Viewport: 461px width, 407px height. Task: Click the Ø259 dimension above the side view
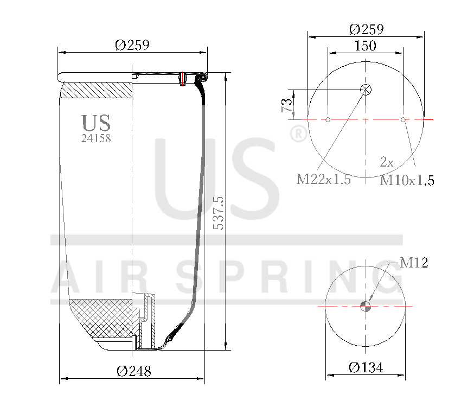(132, 46)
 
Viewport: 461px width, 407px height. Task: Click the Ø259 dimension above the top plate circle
(366, 29)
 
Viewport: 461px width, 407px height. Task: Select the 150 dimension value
(365, 46)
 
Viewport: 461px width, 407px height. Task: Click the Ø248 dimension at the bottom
(133, 371)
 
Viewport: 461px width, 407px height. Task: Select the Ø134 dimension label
(366, 368)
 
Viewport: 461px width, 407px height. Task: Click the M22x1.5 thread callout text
(323, 180)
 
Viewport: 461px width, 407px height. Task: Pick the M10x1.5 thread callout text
(407, 180)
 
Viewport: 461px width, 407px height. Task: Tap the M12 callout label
(414, 263)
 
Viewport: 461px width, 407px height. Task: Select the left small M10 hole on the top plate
(328, 119)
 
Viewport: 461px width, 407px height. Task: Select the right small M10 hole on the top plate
(403, 119)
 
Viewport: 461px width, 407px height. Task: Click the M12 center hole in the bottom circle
(366, 307)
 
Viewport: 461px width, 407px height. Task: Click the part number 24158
(96, 138)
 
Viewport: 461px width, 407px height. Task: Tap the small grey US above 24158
(96, 123)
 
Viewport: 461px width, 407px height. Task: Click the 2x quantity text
(386, 162)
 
